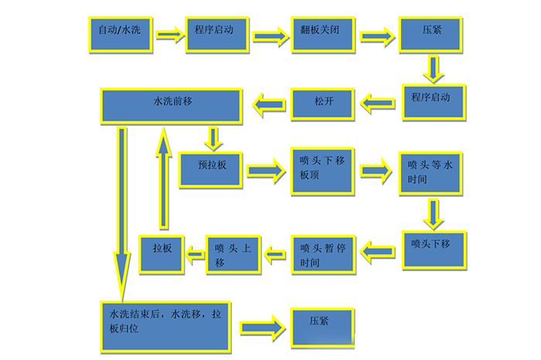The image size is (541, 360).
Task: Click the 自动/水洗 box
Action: click(120, 35)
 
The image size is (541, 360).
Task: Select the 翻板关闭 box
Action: click(322, 35)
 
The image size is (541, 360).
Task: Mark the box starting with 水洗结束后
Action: click(165, 324)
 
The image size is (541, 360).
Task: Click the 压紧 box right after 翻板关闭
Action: click(431, 35)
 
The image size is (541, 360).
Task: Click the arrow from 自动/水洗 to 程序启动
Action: click(168, 34)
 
